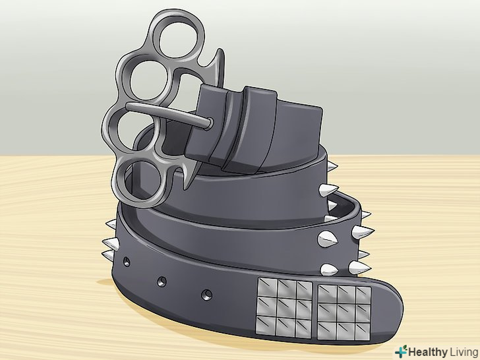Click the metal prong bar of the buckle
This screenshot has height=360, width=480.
click(169, 115)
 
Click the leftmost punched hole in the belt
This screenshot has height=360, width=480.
click(127, 262)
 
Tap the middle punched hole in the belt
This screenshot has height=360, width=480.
click(162, 282)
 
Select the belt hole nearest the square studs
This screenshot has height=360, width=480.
click(207, 295)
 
